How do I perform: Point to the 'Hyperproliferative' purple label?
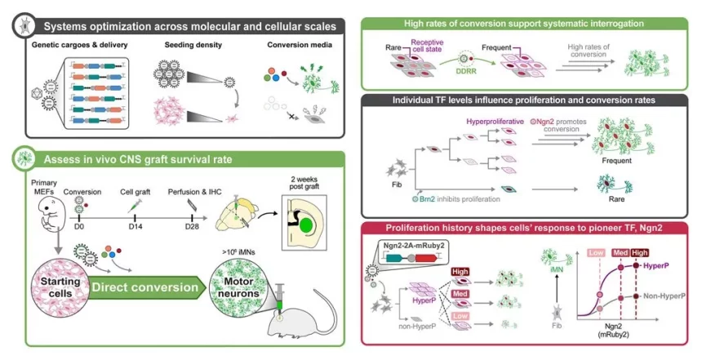tap(492, 122)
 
